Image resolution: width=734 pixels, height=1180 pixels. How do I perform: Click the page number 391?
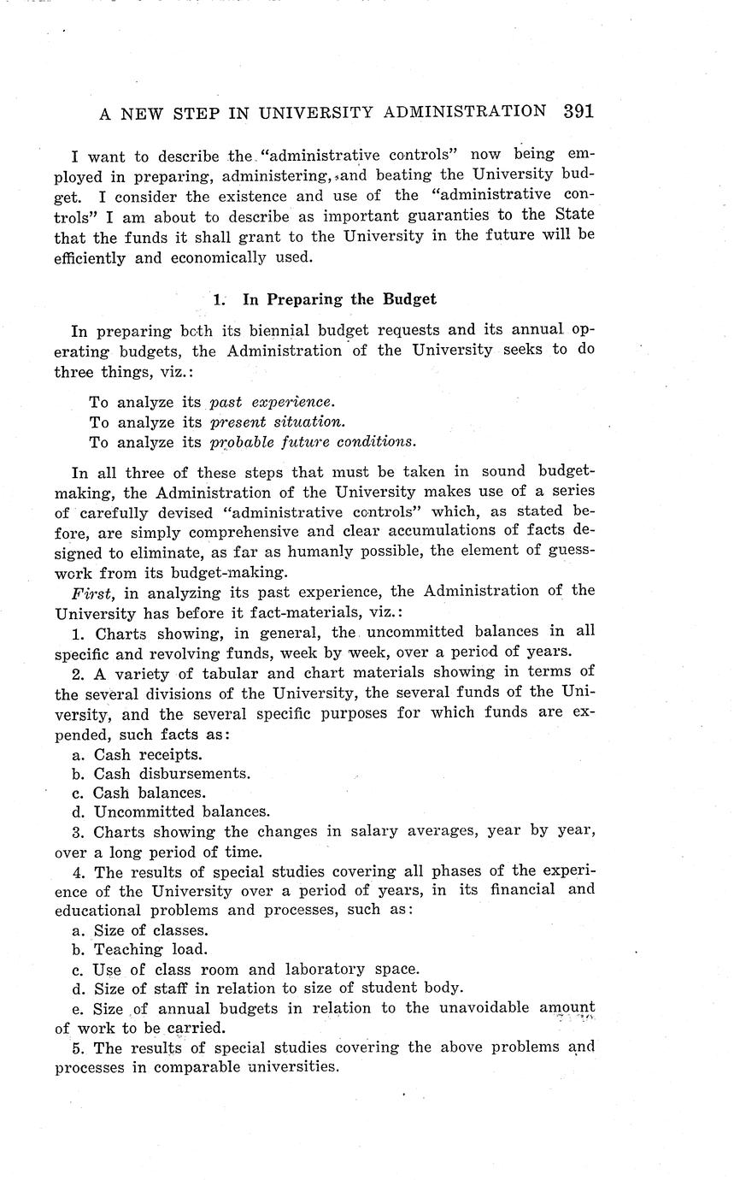click(578, 111)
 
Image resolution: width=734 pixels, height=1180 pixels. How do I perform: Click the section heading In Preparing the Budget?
click(339, 299)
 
